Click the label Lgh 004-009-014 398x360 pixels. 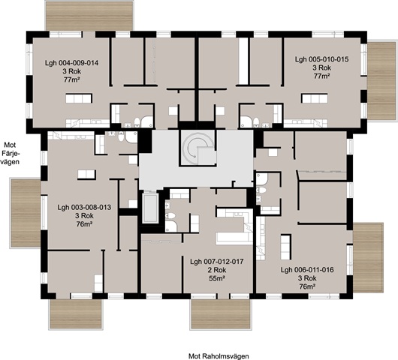71,63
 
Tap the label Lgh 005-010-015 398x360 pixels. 321,59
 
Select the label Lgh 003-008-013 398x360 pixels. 84,208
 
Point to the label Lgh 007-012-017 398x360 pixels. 217,262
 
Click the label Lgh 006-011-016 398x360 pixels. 307,270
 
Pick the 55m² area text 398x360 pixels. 217,278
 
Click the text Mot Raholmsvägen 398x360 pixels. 219,356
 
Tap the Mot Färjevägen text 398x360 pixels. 11,154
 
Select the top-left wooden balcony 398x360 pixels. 89,16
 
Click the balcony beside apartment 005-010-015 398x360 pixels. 381,81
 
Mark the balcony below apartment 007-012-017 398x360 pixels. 221,314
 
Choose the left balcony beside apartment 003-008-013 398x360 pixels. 25,213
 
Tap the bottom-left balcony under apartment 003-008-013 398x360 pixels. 75,314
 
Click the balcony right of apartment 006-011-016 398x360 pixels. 368,257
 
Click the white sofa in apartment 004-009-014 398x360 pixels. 79,98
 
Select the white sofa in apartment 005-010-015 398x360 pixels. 315,98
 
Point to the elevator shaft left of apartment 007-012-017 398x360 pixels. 150,208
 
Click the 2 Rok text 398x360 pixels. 216,270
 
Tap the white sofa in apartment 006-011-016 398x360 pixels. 285,247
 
